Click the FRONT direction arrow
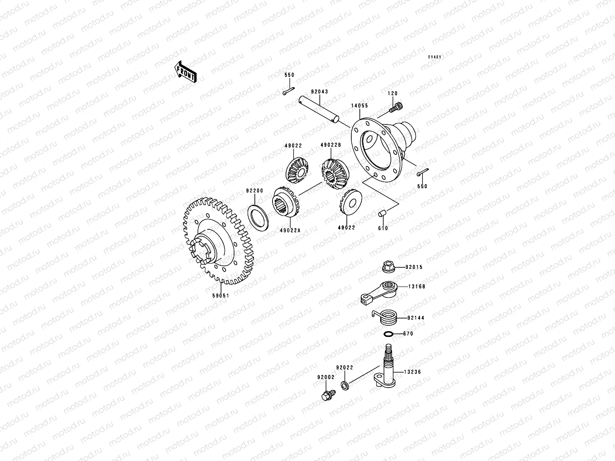coord(186,71)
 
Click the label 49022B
coord(331,146)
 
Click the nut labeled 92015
coord(388,267)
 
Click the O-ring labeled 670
coord(389,334)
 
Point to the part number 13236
coord(412,372)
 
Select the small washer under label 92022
coord(345,385)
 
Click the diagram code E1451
coord(435,57)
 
